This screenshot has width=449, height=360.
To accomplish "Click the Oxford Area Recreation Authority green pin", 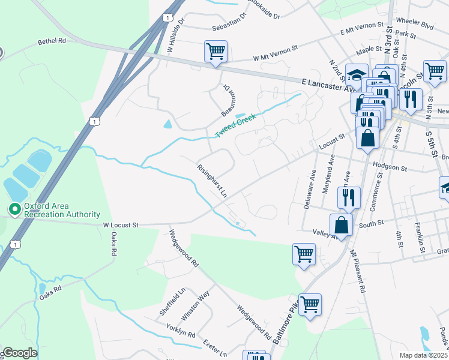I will coord(14,209).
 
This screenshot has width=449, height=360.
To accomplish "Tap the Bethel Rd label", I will coord(51,42).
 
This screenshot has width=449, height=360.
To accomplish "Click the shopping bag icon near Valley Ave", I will coord(341,226).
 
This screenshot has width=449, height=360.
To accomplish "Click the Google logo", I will coord(19,353).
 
